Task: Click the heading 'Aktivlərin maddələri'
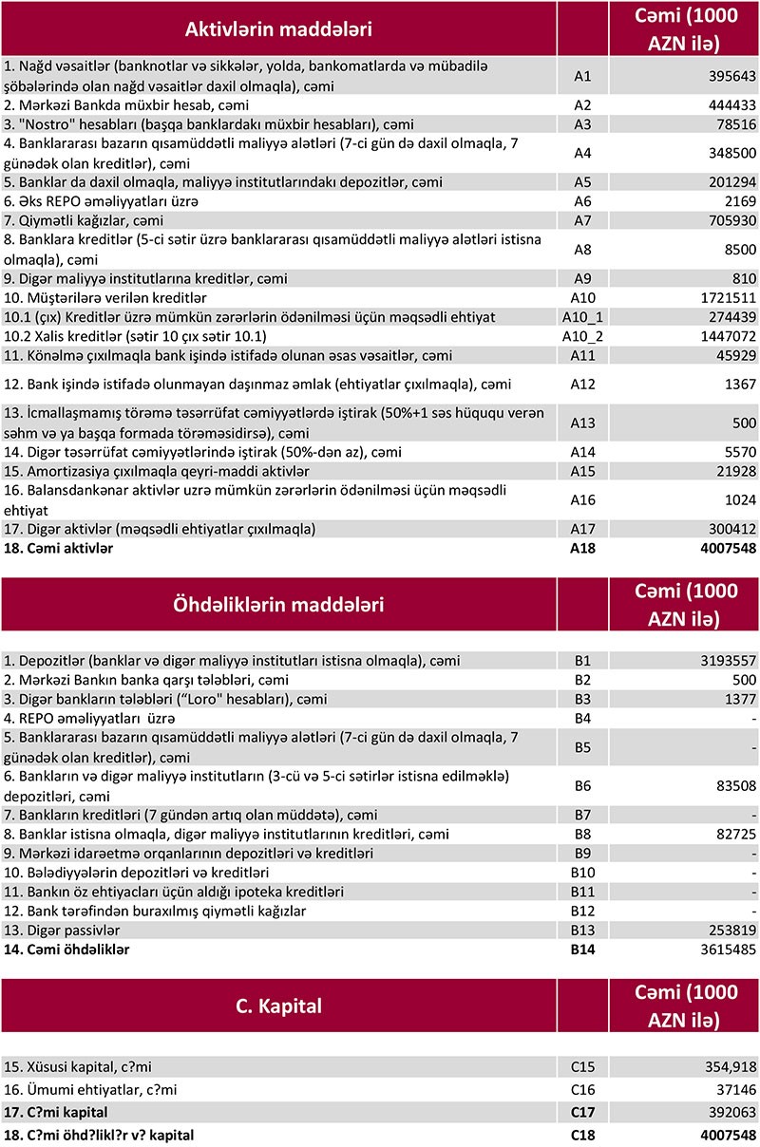[x=278, y=29]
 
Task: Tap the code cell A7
[x=582, y=220]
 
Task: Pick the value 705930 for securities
[x=728, y=220]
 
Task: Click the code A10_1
[x=582, y=316]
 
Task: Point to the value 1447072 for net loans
[x=724, y=336]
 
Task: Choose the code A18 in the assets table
[x=582, y=548]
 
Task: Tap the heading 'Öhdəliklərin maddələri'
[x=278, y=604]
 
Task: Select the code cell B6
[x=582, y=785]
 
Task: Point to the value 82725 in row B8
[x=731, y=834]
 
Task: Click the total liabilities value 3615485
[x=724, y=949]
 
